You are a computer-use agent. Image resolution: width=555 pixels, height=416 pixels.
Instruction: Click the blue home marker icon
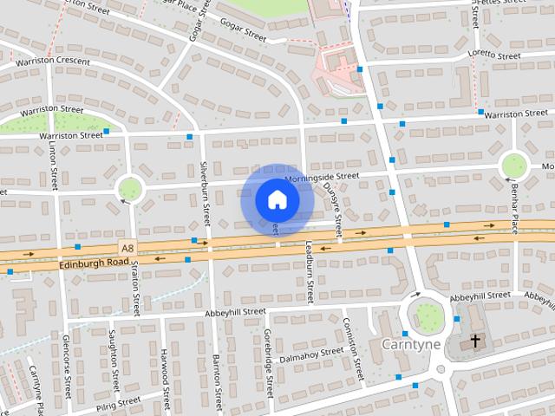pyautogui.click(x=277, y=199)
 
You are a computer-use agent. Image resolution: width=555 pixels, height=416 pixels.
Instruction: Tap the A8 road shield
pyautogui.click(x=128, y=248)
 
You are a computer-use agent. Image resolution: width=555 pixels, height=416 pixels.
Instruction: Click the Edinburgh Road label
pyautogui.click(x=95, y=261)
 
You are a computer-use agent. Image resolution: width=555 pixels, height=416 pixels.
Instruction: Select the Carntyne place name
pyautogui.click(x=412, y=344)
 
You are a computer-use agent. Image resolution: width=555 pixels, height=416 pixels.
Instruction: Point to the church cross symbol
pyautogui.click(x=475, y=341)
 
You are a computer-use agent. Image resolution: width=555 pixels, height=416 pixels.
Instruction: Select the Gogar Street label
pyautogui.click(x=242, y=36)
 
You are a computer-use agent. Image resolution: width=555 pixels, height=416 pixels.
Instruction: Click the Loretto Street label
pyautogui.click(x=493, y=55)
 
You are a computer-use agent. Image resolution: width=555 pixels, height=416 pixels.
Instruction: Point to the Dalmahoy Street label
pyautogui.click(x=311, y=354)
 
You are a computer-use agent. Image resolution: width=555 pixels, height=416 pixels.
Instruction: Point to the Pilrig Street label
pyautogui.click(x=118, y=402)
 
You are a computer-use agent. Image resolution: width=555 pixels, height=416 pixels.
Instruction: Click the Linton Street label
pyautogui.click(x=53, y=167)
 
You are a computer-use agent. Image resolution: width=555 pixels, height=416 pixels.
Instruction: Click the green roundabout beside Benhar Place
pyautogui.click(x=514, y=164)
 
